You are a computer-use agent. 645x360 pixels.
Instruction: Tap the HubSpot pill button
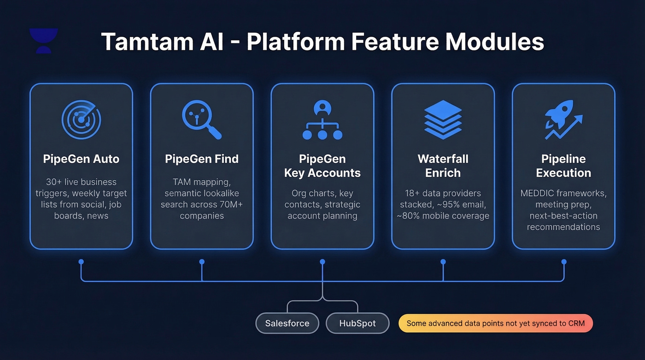pyautogui.click(x=358, y=323)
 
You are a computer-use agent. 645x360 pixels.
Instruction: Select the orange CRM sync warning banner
pyautogui.click(x=495, y=323)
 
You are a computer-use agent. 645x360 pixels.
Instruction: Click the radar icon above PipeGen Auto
pyautogui.click(x=82, y=119)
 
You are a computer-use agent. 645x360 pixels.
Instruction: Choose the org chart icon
pyautogui.click(x=322, y=120)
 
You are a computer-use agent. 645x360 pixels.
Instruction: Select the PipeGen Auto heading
pyautogui.click(x=81, y=159)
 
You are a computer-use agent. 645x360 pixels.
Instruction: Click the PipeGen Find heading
pyautogui.click(x=202, y=159)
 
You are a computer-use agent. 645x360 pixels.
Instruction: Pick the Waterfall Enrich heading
pyautogui.click(x=443, y=166)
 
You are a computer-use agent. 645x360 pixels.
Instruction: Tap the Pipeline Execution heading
pyautogui.click(x=563, y=166)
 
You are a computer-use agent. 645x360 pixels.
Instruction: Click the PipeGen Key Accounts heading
pyautogui.click(x=322, y=166)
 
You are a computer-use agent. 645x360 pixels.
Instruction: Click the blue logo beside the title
pyautogui.click(x=44, y=41)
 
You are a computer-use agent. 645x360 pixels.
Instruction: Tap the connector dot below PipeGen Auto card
pyautogui.click(x=81, y=261)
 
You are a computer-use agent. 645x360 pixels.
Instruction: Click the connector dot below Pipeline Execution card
pyautogui.click(x=563, y=261)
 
